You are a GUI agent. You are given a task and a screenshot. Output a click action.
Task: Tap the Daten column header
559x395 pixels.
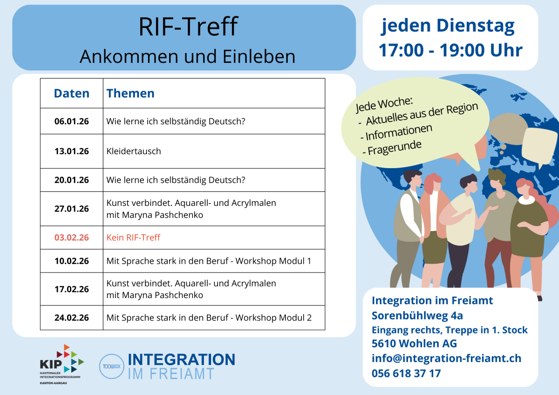(71, 93)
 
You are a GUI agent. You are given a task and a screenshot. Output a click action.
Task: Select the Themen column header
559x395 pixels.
(130, 93)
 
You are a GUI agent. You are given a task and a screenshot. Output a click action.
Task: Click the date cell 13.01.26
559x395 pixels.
(71, 151)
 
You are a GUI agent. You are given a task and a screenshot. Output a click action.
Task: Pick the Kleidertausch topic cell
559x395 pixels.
(134, 151)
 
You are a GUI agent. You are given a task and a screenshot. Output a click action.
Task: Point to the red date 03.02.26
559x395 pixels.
(71, 238)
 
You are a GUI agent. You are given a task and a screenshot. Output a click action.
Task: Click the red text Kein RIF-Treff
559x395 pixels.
(133, 238)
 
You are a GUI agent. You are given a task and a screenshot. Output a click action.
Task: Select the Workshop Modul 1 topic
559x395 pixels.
(209, 261)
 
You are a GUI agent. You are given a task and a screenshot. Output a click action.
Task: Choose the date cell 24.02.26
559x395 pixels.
(71, 318)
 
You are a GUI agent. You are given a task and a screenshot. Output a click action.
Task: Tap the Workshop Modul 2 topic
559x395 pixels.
(209, 318)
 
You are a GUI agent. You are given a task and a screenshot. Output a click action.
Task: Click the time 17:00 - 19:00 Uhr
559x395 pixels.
(450, 50)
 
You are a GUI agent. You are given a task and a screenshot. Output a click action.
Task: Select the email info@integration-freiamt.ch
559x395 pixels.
(446, 358)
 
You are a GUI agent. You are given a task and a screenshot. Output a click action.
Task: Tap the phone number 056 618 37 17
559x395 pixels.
(406, 373)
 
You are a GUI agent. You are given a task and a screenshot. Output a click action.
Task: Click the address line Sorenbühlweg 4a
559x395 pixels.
(417, 315)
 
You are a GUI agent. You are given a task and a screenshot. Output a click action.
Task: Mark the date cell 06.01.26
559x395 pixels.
(71, 122)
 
